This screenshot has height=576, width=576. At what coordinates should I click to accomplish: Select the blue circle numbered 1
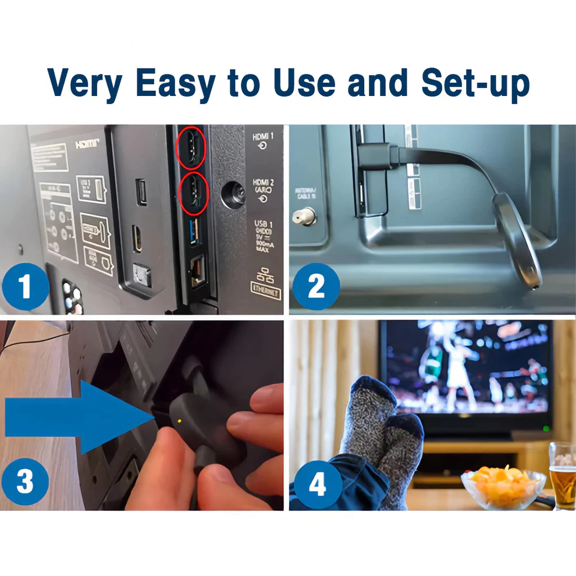(x=24, y=287)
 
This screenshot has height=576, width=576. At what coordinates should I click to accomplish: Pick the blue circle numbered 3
(x=24, y=482)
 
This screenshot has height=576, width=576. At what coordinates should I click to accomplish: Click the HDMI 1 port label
(x=263, y=140)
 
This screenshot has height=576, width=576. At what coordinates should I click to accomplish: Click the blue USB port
(x=194, y=232)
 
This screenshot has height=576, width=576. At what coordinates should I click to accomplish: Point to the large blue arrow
(x=76, y=417)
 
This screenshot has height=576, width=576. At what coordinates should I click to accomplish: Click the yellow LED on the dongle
(x=179, y=421)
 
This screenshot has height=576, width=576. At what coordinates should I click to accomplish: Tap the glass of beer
(x=563, y=474)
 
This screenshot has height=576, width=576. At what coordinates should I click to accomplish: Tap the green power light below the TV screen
(x=545, y=429)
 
